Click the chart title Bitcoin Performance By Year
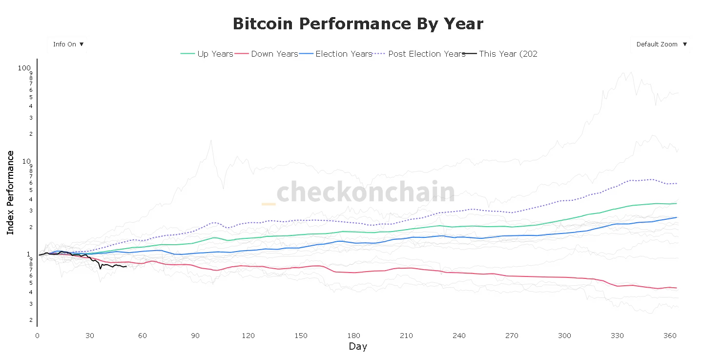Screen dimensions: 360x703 358,23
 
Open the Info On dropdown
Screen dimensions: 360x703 68,44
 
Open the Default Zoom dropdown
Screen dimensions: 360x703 661,44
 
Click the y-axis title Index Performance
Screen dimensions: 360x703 10,192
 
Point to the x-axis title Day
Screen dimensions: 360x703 358,347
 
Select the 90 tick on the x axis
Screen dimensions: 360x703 195,336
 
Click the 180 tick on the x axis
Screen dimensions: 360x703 353,336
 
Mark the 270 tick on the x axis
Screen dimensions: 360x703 512,336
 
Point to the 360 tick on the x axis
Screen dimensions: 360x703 670,336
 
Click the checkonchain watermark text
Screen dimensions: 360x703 365,191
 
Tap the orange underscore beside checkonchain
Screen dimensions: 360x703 269,204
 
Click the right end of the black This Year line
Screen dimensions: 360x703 126,266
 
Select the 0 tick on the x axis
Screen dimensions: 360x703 37,336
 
